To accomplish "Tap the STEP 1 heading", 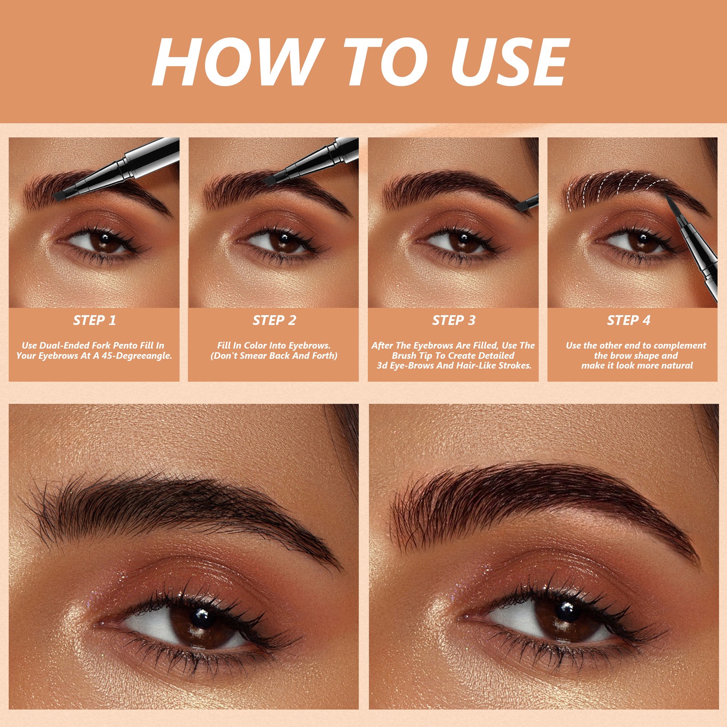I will (94, 320).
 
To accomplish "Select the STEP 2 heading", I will (274, 320).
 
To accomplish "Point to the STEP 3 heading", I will (453, 320).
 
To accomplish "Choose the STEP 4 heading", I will (629, 320).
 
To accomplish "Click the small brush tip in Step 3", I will (521, 206).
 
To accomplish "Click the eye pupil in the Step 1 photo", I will (105, 239).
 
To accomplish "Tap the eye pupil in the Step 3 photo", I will (463, 239).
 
